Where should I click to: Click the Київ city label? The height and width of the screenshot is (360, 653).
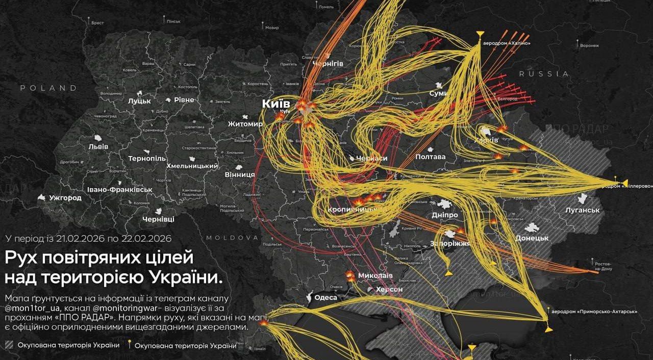275,104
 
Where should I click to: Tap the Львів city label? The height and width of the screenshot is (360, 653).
98,146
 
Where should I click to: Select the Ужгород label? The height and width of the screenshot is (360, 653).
65,198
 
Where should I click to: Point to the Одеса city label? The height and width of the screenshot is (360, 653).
325,298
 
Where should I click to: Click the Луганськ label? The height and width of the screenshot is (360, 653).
583,210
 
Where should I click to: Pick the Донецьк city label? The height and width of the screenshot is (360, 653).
532,238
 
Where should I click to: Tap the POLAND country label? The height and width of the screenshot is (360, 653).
48,88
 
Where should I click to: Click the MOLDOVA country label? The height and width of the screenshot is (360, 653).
232,238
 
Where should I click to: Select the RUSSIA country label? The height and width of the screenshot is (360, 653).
544,74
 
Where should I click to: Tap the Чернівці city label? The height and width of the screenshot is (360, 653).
158,219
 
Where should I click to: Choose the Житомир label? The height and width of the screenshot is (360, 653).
245,124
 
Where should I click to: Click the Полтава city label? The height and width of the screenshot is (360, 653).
431,157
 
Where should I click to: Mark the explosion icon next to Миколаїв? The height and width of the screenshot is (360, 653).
350,276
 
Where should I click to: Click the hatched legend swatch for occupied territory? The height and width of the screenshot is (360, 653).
9,345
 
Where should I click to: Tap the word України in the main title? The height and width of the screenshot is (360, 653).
186,278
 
